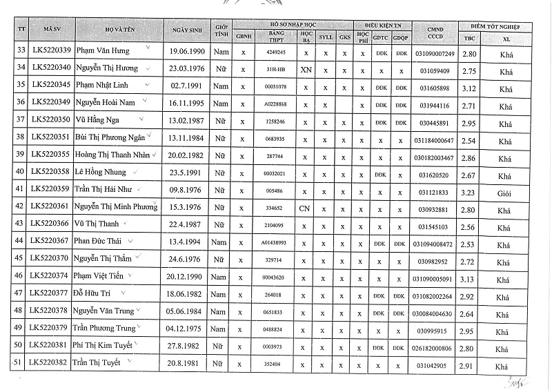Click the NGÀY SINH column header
point(188,30)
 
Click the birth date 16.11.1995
point(188,104)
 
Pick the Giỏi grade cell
point(504,190)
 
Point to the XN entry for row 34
point(306,69)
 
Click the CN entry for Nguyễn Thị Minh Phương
point(306,208)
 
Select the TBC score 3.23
point(469,190)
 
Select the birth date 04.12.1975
point(188,329)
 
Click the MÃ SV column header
point(52,30)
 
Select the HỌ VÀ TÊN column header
point(119,30)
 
